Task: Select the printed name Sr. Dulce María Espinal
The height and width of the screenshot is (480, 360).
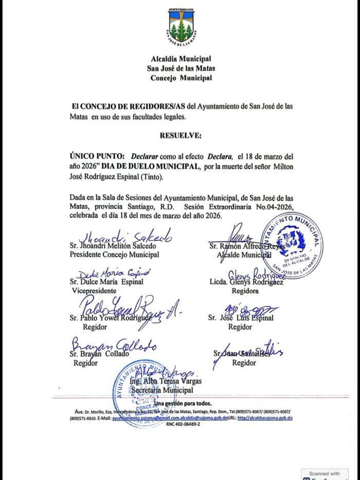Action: [106, 282]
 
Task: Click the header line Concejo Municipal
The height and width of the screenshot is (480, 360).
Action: [181, 78]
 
